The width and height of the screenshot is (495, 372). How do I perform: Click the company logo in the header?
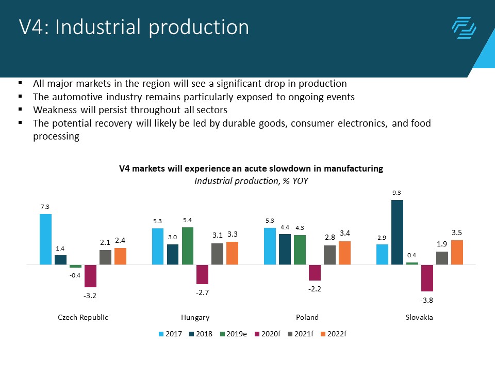click(464, 28)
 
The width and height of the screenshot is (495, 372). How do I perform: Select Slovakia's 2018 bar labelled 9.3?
click(397, 232)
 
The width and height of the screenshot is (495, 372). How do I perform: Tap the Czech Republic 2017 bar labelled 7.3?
click(45, 239)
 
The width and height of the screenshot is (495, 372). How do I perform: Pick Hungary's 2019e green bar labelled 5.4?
click(188, 246)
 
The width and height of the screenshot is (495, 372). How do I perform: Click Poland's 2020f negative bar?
click(315, 272)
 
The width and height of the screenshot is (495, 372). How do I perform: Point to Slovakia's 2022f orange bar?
click(457, 252)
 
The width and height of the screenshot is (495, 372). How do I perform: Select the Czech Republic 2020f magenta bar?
click(91, 276)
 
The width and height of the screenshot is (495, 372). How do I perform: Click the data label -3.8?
click(427, 301)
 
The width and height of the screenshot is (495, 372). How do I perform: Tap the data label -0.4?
click(75, 275)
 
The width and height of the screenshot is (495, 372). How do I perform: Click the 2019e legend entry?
click(235, 334)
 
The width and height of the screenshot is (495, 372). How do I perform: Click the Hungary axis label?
click(195, 317)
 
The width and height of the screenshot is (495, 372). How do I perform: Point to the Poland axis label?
click(307, 317)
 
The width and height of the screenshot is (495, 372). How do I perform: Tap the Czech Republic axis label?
click(83, 317)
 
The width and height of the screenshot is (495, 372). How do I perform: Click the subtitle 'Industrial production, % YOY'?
click(251, 181)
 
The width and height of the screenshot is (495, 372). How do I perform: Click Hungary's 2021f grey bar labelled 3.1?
click(218, 254)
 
